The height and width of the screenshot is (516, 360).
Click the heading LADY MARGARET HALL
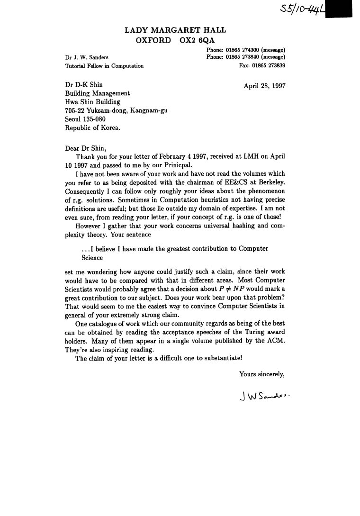pos(175,30)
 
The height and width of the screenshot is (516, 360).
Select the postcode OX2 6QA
pos(197,41)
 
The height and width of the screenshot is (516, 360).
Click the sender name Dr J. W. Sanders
pos(87,58)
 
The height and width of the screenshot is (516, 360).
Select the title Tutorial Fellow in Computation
pos(104,66)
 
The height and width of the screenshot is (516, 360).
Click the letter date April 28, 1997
pos(264,86)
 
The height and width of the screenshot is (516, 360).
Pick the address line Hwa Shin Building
pos(92,102)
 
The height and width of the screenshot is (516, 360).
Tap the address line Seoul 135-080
pos(85,119)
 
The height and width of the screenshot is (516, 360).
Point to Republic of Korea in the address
pos(92,127)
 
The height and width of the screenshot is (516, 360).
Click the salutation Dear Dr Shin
pos(86,148)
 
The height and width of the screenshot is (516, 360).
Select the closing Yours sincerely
pos(261,374)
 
